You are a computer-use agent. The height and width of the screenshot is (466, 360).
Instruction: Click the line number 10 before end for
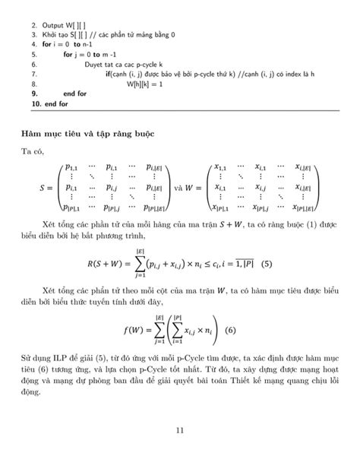click(34, 103)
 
